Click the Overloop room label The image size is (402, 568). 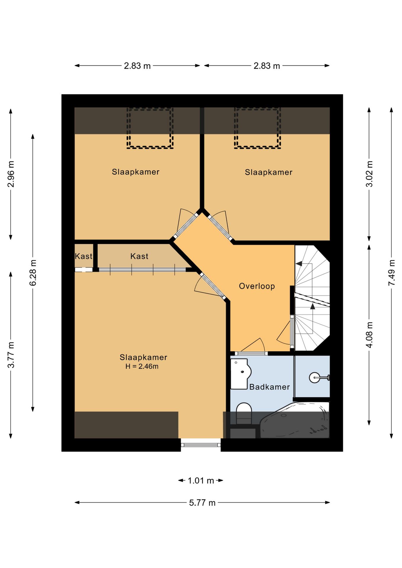pyautogui.click(x=257, y=286)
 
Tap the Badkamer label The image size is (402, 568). pyautogui.click(x=269, y=387)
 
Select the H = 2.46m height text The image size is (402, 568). pyautogui.click(x=142, y=366)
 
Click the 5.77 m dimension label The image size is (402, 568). pyautogui.click(x=202, y=503)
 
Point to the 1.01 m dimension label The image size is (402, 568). pyautogui.click(x=201, y=480)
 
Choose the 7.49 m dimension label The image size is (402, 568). pyautogui.click(x=392, y=272)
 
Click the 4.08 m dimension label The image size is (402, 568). pyautogui.click(x=369, y=335)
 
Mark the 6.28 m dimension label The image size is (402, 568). pyautogui.click(x=33, y=273)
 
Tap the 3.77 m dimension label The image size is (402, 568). pyautogui.click(x=11, y=355)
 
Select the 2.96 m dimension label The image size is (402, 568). pyautogui.click(x=11, y=174)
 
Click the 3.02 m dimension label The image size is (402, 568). pyautogui.click(x=369, y=174)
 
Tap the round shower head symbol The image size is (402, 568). pyautogui.click(x=314, y=377)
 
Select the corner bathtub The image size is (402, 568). pyautogui.click(x=295, y=420)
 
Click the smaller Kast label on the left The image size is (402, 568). pyautogui.click(x=83, y=256)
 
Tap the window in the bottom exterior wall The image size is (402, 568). pyautogui.click(x=201, y=445)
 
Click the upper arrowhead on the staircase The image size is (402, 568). pyautogui.click(x=299, y=263)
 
